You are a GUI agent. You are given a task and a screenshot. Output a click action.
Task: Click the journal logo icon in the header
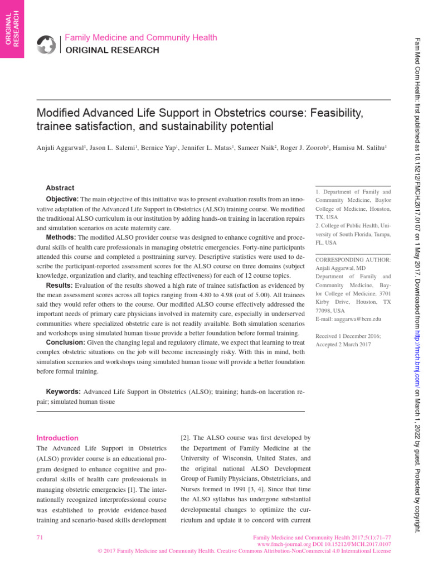47,44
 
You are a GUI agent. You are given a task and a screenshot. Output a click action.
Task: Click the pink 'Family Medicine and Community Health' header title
141,38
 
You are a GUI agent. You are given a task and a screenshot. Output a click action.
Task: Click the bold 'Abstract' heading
60,188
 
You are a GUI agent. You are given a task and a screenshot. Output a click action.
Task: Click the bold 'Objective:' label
62,199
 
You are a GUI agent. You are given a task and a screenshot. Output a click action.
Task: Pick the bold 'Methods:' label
61,238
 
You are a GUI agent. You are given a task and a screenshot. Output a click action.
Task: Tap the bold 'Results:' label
59,285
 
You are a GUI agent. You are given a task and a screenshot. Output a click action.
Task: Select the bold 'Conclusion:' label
65,342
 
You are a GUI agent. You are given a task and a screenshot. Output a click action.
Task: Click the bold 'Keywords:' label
63,392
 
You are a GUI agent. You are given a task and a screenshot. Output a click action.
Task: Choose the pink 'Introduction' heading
57,438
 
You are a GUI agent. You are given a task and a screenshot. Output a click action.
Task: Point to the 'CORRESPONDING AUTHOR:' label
353,260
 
